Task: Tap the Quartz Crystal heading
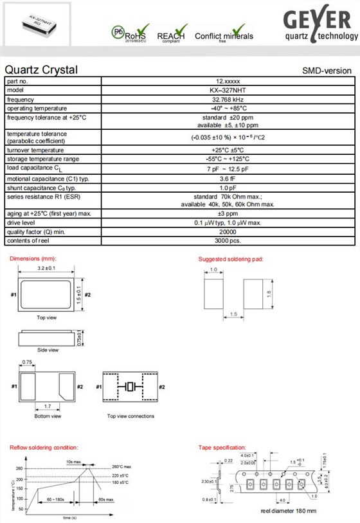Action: pyautogui.click(x=41, y=69)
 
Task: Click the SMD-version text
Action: pyautogui.click(x=327, y=71)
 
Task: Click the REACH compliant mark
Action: pyautogui.click(x=171, y=34)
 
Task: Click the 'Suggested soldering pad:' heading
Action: pyautogui.click(x=231, y=259)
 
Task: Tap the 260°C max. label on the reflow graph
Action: pyautogui.click(x=122, y=466)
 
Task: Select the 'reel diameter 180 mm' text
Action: pyautogui.click(x=289, y=511)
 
